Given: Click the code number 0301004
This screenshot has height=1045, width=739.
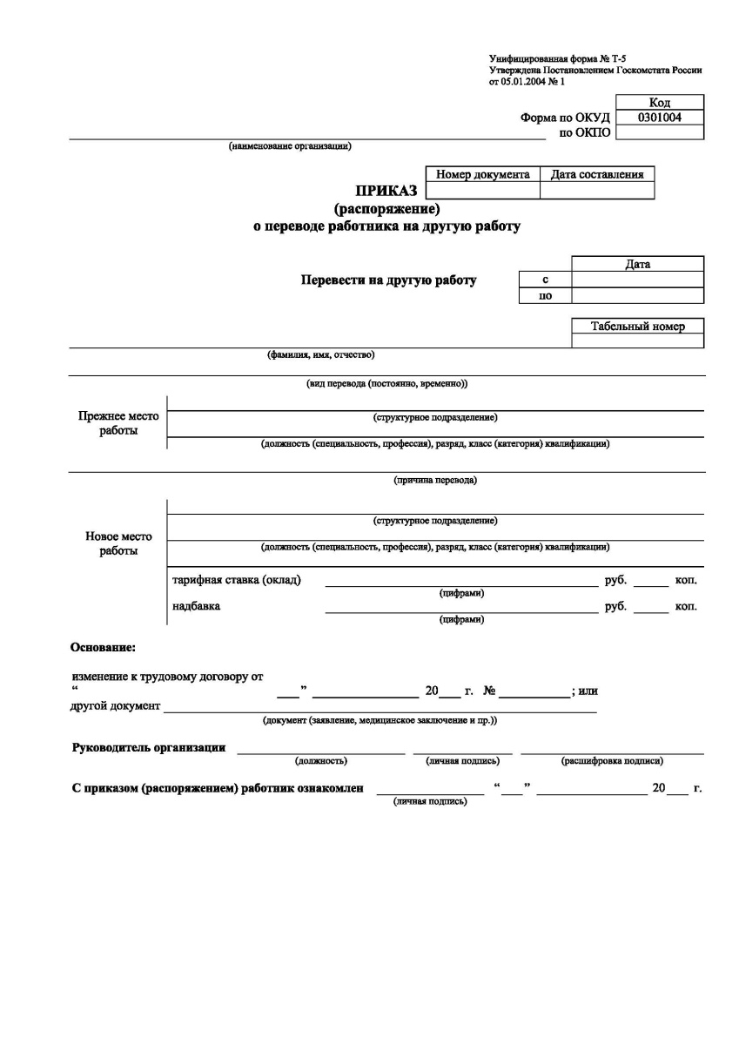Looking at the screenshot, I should pyautogui.click(x=660, y=117).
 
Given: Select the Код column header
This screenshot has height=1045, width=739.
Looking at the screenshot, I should pyautogui.click(x=660, y=103).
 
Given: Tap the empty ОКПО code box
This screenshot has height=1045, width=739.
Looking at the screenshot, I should pyautogui.click(x=660, y=132).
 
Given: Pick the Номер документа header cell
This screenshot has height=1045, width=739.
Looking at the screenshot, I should pyautogui.click(x=483, y=174).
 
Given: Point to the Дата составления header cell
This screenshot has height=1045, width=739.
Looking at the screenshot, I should pyautogui.click(x=597, y=174).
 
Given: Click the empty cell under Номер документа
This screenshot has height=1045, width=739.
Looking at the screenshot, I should pyautogui.click(x=483, y=191).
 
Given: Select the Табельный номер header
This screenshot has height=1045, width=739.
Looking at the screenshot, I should pyautogui.click(x=638, y=327).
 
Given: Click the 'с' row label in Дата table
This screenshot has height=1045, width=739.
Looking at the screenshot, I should pyautogui.click(x=545, y=280).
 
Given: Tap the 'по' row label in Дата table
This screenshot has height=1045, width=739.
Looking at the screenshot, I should pyautogui.click(x=545, y=295).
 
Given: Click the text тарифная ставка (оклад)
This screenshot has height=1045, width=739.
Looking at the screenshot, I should pyautogui.click(x=238, y=580).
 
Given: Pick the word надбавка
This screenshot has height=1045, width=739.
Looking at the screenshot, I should pyautogui.click(x=197, y=606).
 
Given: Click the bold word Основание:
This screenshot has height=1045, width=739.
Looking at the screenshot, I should pyautogui.click(x=103, y=647).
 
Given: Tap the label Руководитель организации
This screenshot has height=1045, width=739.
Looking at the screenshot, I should pyautogui.click(x=149, y=748).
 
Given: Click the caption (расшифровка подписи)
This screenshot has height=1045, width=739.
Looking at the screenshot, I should pyautogui.click(x=613, y=761).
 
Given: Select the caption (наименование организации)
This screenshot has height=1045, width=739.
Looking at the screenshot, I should pyautogui.click(x=290, y=146).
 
